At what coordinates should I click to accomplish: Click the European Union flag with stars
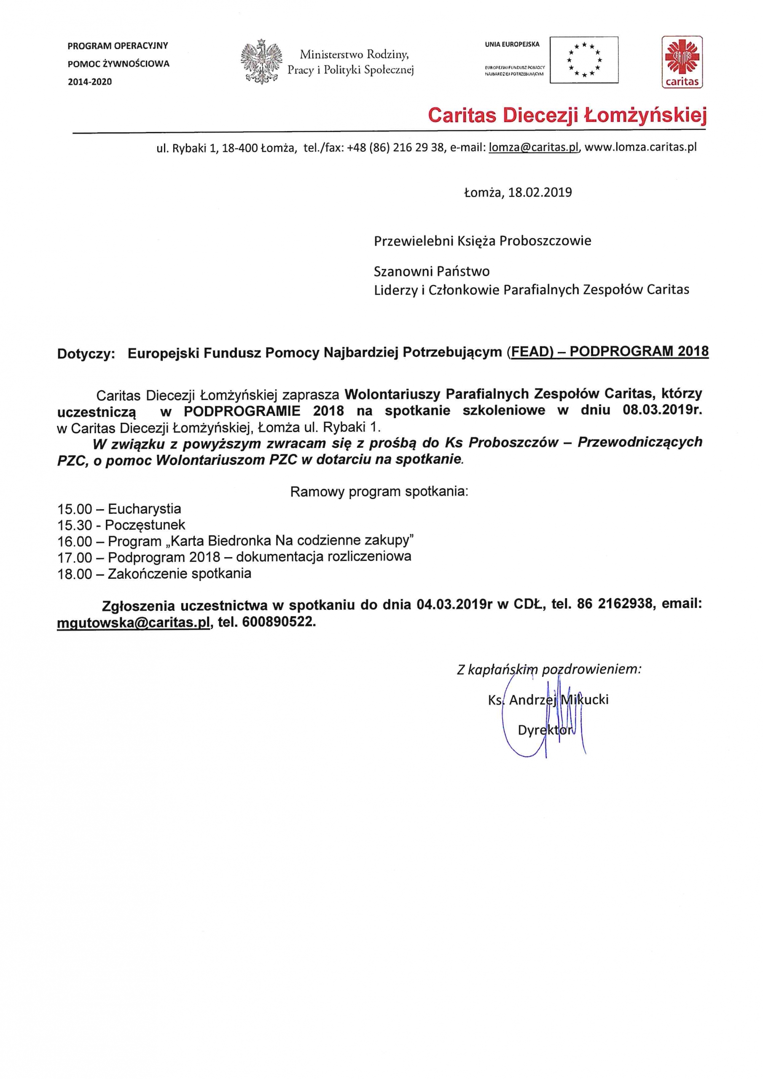click(584, 60)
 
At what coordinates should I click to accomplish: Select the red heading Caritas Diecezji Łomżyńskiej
click(567, 115)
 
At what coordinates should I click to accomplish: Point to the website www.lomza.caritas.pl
click(641, 148)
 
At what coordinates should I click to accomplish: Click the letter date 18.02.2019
click(540, 192)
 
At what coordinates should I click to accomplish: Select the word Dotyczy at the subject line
click(86, 354)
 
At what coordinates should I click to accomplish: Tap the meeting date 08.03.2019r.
click(662, 410)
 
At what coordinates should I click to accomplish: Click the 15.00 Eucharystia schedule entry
click(119, 508)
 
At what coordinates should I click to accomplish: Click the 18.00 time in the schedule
click(75, 574)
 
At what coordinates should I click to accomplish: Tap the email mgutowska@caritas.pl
click(133, 622)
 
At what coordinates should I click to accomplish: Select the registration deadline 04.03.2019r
click(454, 604)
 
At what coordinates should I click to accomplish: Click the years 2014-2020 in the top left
click(90, 82)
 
